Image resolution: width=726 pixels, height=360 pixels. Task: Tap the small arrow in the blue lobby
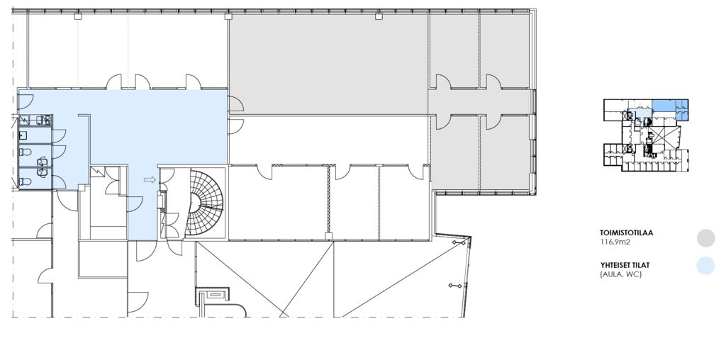click(x=150, y=179)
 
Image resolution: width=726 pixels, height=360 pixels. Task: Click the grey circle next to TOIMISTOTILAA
click(x=705, y=238)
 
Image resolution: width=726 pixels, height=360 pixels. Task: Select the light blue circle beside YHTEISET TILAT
click(x=705, y=266)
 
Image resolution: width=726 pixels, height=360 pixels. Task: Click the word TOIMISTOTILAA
click(x=627, y=233)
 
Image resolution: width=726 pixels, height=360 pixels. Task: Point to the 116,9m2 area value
click(x=615, y=242)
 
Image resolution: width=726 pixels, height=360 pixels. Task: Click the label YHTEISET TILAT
click(x=625, y=265)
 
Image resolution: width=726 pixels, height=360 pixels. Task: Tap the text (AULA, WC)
click(x=621, y=274)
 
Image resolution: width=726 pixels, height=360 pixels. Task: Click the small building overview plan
click(x=646, y=135)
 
